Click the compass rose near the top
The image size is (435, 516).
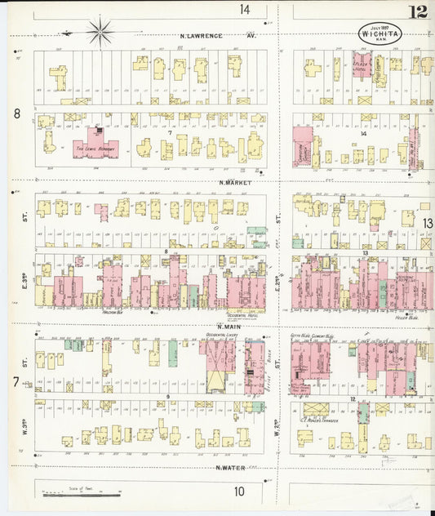point(100,33)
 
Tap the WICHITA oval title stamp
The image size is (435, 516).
point(379,33)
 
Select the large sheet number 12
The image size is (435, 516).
point(418,11)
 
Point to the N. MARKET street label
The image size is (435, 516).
point(235,183)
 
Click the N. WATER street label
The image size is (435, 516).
point(232,467)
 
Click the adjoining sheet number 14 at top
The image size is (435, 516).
point(244,10)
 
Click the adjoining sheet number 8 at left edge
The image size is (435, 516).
point(16,113)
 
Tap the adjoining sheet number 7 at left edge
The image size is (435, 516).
point(16,381)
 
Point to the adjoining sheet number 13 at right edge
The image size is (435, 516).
point(427,222)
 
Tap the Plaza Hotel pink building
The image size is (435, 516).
point(361,65)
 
